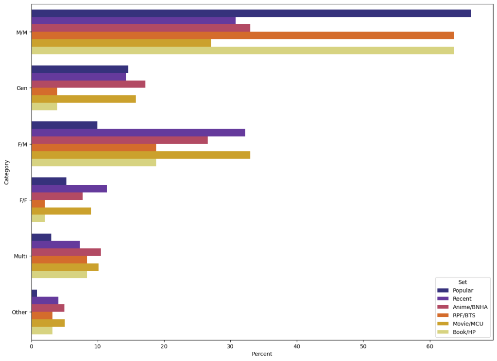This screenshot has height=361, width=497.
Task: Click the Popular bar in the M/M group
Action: coord(251,13)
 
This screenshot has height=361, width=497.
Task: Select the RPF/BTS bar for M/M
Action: coord(242,35)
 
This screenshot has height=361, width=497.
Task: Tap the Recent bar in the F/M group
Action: coord(138,132)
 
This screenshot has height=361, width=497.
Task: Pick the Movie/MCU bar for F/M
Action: coord(140,155)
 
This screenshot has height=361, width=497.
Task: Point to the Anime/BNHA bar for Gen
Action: coord(88,84)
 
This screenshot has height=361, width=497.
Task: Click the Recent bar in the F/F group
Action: coord(69,189)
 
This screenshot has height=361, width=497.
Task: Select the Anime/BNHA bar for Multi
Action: coord(66,252)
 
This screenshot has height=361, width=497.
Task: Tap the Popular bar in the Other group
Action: coord(34,293)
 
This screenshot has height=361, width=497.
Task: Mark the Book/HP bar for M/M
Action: coord(242,50)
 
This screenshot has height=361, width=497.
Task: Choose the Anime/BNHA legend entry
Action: coord(469,307)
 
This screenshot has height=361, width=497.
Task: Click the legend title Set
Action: coord(463,282)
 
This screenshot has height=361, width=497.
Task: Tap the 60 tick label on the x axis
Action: coord(429,347)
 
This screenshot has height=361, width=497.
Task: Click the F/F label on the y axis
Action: coord(22,200)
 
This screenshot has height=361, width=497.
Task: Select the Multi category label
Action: coord(20,256)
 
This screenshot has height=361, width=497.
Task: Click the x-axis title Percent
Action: coord(262,354)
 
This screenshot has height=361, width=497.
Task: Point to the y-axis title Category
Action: coord(7,172)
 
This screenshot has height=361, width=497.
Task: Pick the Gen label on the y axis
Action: coord(22,88)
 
